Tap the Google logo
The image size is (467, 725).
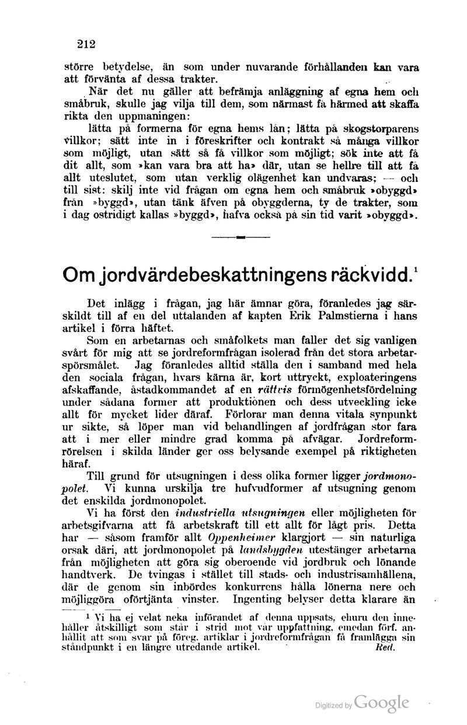tap(381, 703)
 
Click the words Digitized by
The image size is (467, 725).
tap(333, 706)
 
